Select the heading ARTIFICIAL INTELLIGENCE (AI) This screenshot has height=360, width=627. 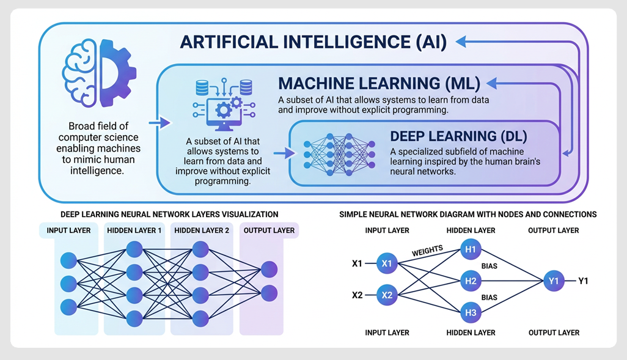point(313,43)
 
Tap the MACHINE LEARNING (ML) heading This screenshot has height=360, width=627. point(379,83)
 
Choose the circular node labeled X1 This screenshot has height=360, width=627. point(387,263)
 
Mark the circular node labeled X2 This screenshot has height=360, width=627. point(387,295)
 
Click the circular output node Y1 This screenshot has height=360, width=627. point(554,281)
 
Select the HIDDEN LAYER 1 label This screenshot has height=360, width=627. point(134,230)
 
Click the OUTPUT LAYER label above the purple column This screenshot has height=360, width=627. point(269,230)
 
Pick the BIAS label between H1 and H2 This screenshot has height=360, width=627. point(490,267)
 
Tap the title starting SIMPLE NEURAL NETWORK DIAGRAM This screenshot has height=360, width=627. point(468,215)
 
